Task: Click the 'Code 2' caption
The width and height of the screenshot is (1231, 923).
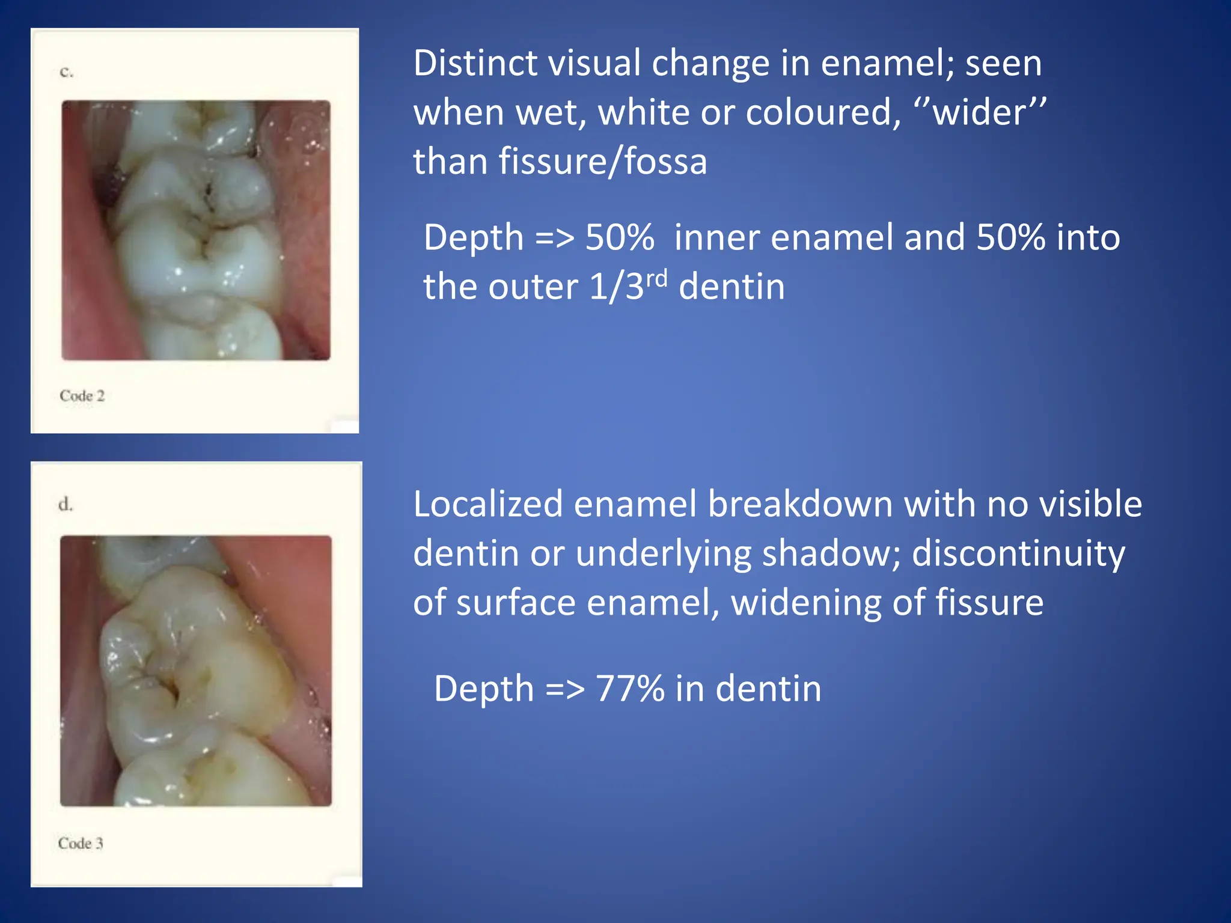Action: point(82,395)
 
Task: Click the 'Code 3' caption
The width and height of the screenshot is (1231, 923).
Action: point(81,843)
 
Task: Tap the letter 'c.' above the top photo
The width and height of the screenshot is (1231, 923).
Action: point(66,72)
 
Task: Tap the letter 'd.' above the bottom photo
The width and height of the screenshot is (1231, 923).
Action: point(66,504)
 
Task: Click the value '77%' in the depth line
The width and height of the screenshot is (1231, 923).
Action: point(630,689)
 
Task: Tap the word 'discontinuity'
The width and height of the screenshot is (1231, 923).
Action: point(1018,553)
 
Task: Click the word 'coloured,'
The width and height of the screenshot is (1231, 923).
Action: point(823,112)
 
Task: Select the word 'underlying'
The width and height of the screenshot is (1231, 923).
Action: point(663,553)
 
